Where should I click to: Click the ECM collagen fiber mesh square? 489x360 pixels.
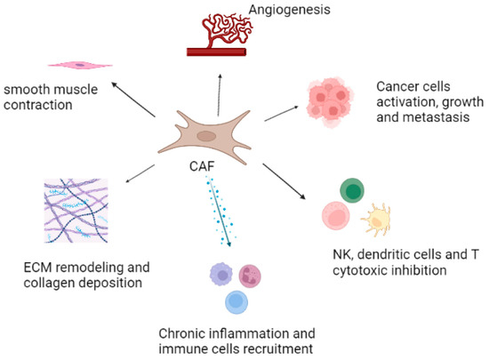point(75,213)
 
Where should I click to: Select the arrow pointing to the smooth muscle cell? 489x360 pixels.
point(134,100)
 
